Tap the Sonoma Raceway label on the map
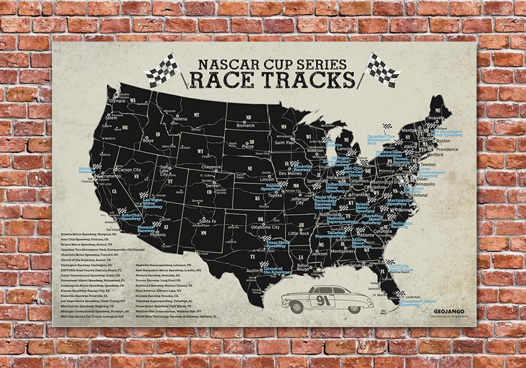[87, 170]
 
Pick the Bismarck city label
[246, 125]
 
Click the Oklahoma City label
[265, 227]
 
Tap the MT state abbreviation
[196, 115]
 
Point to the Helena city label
[180, 119]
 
